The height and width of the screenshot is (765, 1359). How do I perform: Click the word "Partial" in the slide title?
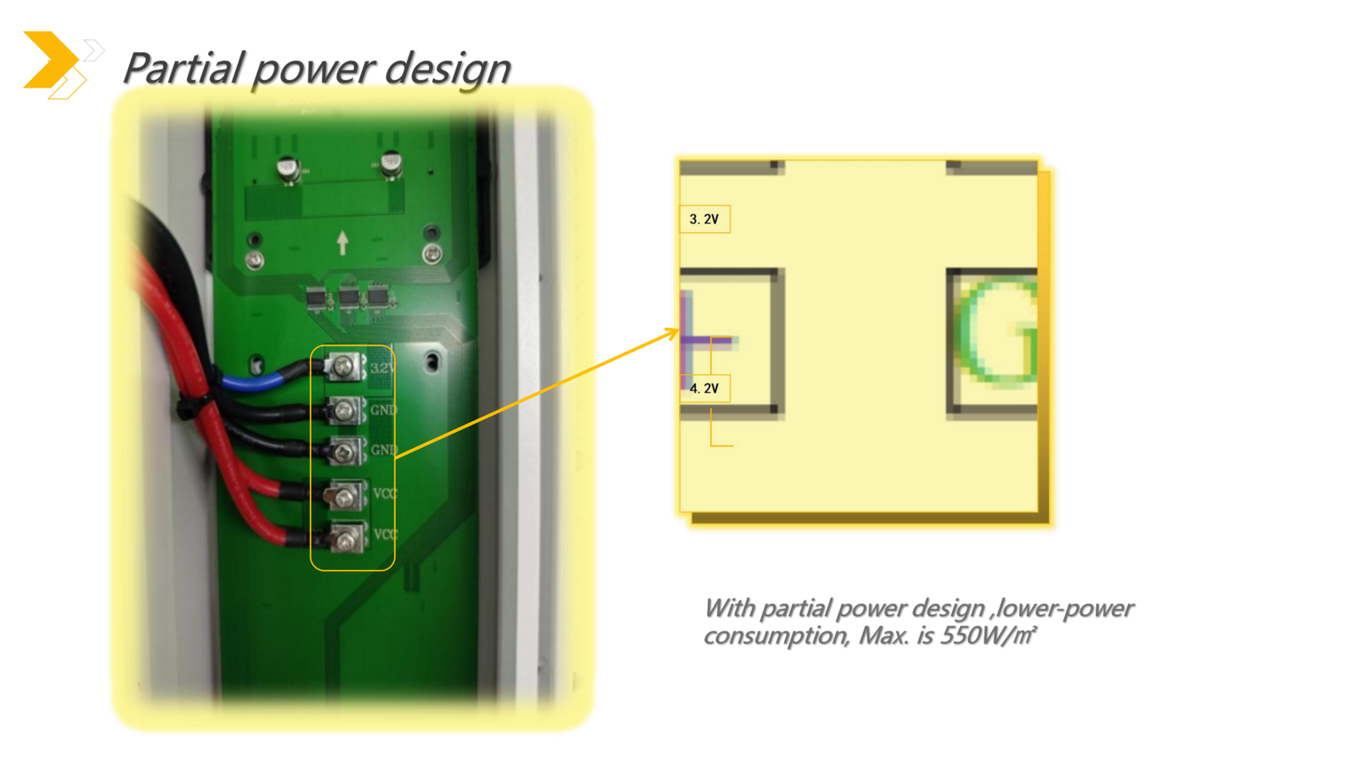(x=183, y=68)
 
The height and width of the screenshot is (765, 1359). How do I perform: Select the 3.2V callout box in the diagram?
(x=704, y=219)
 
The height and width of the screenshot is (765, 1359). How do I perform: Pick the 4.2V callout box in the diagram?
(x=704, y=388)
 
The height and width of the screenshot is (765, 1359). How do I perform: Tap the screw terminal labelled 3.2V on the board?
(x=345, y=366)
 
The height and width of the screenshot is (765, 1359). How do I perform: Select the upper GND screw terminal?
(x=345, y=411)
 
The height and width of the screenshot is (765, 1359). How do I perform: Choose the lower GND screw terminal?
(x=345, y=451)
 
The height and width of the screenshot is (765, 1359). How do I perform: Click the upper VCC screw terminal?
(x=345, y=495)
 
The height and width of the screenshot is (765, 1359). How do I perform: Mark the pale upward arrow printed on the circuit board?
(x=342, y=243)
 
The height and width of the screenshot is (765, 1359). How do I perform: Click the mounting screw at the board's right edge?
(x=431, y=253)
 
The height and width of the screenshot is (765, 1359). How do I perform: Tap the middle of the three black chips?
(x=348, y=298)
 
